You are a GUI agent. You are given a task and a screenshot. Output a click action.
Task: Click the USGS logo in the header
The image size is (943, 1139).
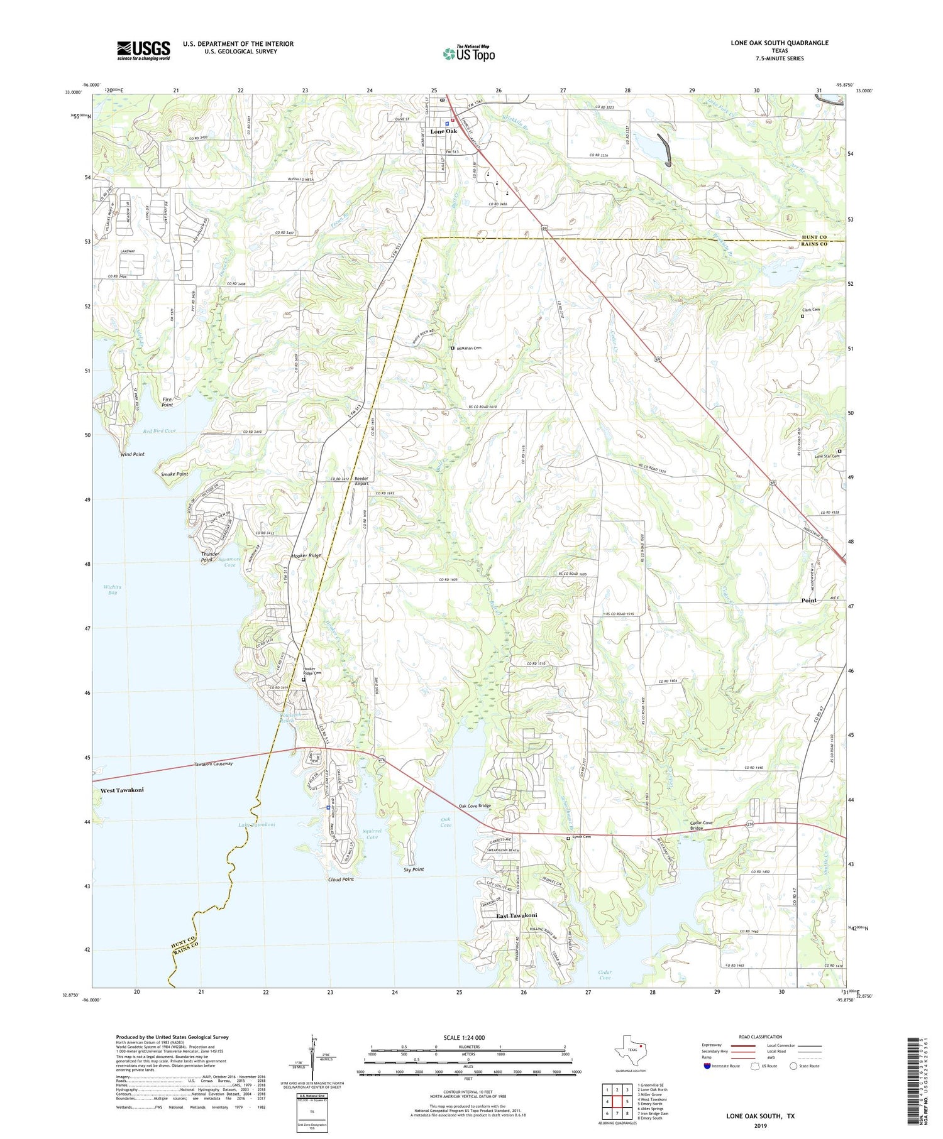tap(143, 50)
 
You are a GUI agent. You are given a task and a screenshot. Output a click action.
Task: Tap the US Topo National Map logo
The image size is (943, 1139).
tap(468, 53)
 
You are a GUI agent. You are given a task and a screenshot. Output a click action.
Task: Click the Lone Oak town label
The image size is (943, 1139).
tap(443, 131)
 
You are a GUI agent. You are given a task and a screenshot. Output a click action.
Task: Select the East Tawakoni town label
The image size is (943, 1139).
tap(516, 916)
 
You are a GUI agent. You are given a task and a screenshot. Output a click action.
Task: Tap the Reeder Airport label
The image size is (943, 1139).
tap(361, 481)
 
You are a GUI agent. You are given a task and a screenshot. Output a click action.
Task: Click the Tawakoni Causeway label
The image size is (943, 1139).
tap(213, 764)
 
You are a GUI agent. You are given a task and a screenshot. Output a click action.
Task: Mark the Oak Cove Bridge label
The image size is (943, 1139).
tap(475, 805)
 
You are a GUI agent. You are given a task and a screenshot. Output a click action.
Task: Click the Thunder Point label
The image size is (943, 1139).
tap(210, 557)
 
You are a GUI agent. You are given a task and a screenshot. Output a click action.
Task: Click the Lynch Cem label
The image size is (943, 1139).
tap(582, 837)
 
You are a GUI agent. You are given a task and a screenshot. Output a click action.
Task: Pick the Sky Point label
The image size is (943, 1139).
tap(414, 869)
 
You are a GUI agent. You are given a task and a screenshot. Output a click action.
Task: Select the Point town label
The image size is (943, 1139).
tap(808, 601)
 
